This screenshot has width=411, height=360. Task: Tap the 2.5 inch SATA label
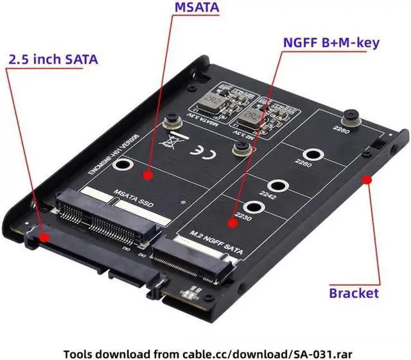53,60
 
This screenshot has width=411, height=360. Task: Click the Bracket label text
354,293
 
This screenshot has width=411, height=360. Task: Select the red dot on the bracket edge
367,180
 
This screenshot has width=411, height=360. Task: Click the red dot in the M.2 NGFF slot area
231,223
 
